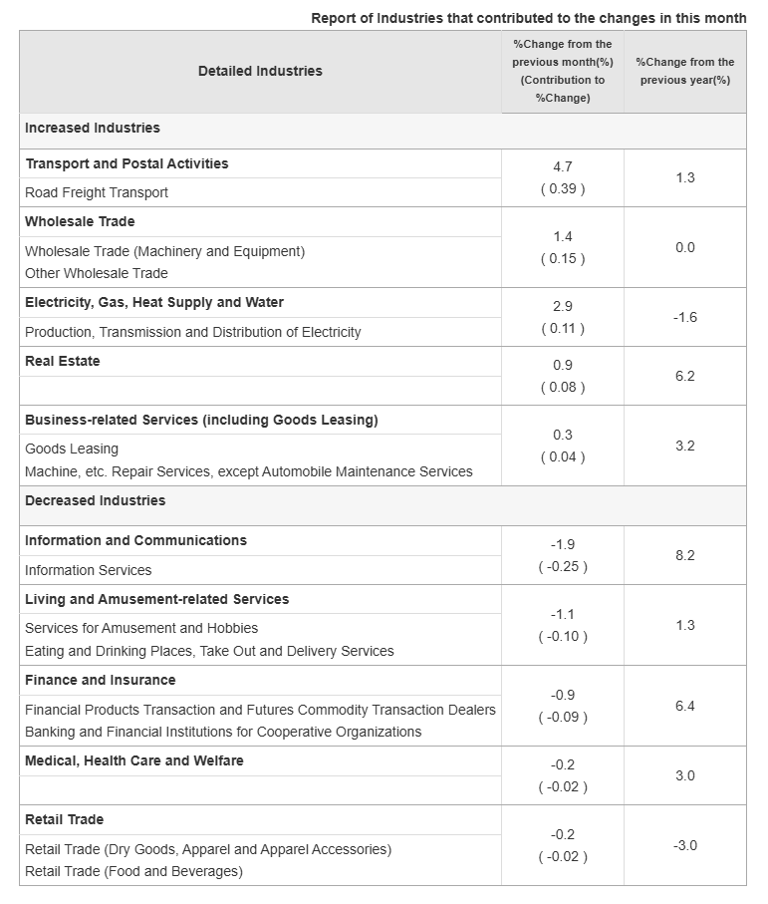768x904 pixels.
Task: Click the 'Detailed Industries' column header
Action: point(260,71)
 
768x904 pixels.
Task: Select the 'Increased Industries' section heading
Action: point(93,129)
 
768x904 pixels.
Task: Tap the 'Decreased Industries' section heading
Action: point(96,500)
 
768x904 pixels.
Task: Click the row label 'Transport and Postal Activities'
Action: point(127,163)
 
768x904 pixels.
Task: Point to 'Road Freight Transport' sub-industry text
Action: point(97,192)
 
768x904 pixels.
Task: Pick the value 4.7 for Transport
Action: point(563,166)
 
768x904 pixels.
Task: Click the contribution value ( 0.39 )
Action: point(563,188)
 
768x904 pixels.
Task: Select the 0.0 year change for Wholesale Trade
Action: point(685,247)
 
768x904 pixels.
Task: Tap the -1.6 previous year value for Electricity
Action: point(685,317)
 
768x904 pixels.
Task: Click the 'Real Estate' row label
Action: point(63,361)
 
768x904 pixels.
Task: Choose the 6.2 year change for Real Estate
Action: point(685,376)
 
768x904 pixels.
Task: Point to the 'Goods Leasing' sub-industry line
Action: point(72,449)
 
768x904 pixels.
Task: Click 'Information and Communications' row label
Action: point(135,540)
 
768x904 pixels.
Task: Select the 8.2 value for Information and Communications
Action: point(685,555)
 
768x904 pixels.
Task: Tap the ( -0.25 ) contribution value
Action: point(563,566)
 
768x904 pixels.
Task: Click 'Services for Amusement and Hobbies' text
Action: point(141,628)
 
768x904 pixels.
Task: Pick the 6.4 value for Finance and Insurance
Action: point(685,706)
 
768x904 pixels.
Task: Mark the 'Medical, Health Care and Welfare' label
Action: point(134,760)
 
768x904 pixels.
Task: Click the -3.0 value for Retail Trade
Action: point(685,845)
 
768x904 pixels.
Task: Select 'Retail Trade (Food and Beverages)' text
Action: point(133,871)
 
